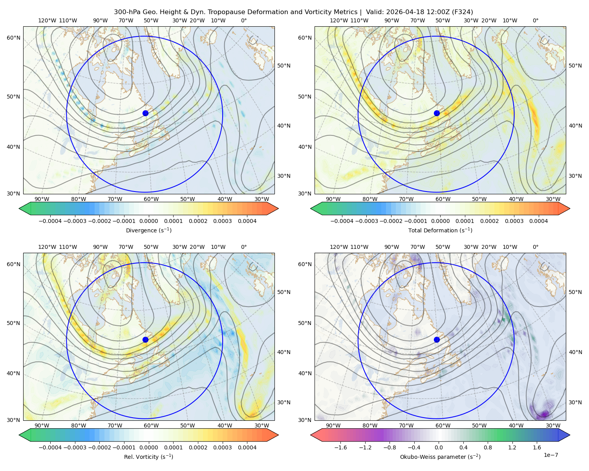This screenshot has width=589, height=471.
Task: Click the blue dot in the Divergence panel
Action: (x=145, y=113)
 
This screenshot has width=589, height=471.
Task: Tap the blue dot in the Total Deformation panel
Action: (x=437, y=113)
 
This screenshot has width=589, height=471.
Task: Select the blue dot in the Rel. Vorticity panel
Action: (x=145, y=340)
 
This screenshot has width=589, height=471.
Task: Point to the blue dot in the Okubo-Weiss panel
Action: (x=437, y=340)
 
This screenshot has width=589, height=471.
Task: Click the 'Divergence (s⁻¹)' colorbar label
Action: (x=148, y=230)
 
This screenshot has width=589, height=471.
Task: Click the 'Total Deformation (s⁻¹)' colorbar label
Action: (x=440, y=230)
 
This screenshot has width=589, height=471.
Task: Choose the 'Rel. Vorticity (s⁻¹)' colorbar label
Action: (x=148, y=456)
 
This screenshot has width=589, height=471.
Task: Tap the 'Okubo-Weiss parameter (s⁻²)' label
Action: (x=440, y=456)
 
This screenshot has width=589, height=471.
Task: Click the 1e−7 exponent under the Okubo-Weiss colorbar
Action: (x=551, y=455)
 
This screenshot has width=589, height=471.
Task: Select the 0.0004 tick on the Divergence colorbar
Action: (x=247, y=221)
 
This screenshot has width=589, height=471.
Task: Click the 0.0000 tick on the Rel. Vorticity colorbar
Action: (x=148, y=447)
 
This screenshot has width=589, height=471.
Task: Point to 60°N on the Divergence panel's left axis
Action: (x=13, y=38)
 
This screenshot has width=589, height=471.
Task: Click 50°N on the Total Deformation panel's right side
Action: (x=575, y=66)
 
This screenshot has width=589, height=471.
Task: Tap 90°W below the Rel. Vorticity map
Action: (x=42, y=425)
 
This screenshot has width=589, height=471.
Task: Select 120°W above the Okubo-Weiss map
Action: (x=339, y=247)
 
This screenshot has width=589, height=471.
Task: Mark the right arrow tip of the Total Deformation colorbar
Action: (x=570, y=208)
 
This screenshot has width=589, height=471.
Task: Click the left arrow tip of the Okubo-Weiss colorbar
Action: (x=311, y=435)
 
